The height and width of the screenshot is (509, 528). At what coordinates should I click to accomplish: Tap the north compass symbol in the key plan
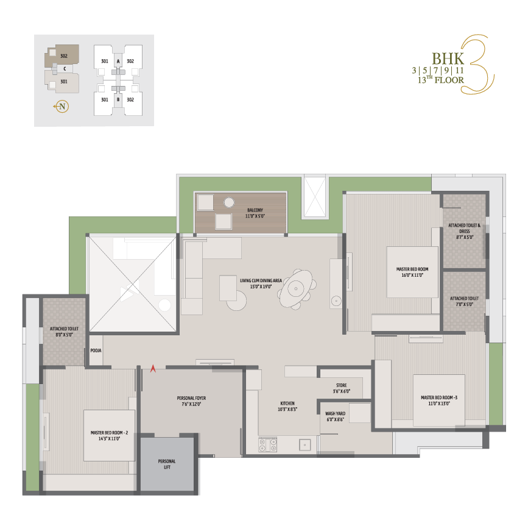(62, 107)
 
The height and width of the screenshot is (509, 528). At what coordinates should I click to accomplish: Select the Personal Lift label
(167, 464)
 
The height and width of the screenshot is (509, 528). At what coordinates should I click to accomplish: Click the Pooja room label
(96, 351)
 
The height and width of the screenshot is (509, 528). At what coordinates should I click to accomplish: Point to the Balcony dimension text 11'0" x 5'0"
(255, 216)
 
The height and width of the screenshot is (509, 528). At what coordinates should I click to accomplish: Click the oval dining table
(296, 288)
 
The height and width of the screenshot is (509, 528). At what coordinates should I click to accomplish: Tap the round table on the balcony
(229, 202)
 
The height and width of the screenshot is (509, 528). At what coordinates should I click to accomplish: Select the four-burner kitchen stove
(268, 444)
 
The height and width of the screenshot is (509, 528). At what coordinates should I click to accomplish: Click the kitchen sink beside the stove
(304, 444)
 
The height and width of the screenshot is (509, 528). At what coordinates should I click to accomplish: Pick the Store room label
(341, 385)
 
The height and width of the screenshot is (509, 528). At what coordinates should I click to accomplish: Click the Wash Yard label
(335, 414)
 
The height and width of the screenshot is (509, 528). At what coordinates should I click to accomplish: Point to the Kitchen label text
(287, 404)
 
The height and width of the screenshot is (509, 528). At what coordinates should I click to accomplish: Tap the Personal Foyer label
(191, 398)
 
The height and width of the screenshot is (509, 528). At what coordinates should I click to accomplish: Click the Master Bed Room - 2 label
(109, 433)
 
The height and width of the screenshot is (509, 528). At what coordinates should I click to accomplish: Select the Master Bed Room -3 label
(439, 398)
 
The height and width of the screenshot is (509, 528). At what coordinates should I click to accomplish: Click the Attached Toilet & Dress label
(464, 228)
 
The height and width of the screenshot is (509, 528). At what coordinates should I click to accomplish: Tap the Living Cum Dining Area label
(261, 280)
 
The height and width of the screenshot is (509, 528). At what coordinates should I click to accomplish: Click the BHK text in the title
(448, 59)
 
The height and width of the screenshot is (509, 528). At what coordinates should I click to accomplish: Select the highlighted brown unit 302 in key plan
(62, 55)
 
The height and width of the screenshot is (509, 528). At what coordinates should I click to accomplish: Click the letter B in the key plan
(118, 99)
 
